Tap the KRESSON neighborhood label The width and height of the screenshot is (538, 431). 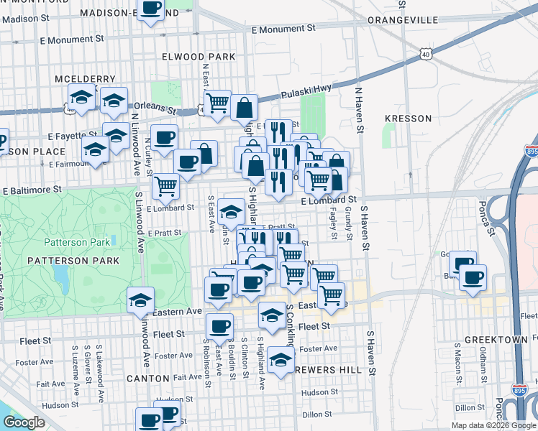tap(408, 118)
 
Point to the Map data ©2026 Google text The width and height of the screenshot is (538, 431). tap(493, 425)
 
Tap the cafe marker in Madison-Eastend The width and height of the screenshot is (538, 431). tap(150, 9)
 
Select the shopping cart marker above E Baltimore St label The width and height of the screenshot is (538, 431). tap(166, 186)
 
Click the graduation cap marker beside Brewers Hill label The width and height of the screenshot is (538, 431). tap(280, 359)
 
